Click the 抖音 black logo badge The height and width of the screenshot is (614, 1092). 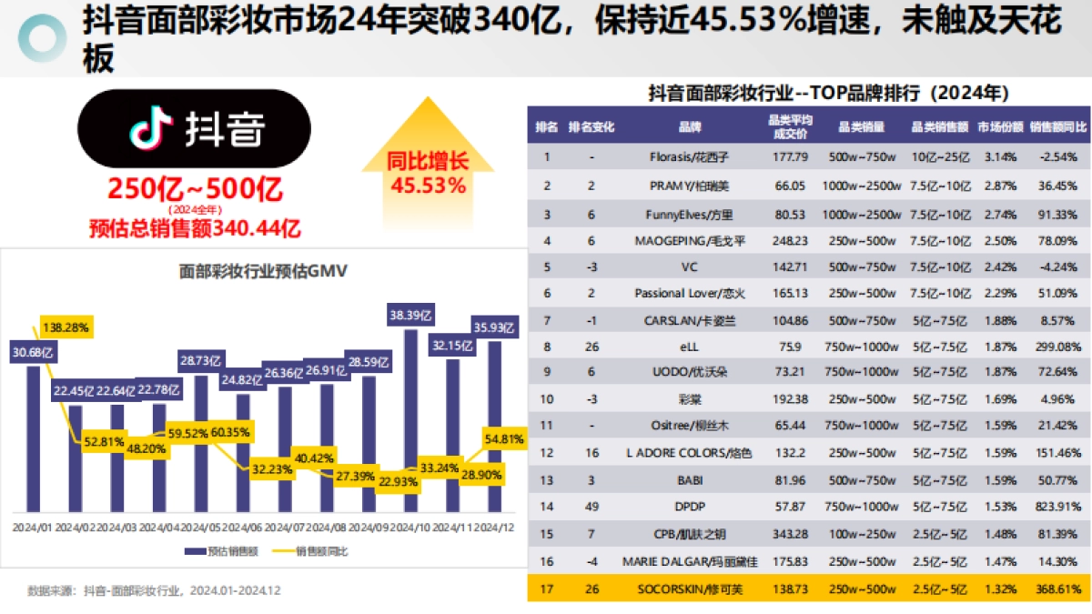194,129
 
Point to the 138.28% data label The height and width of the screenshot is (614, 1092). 65,326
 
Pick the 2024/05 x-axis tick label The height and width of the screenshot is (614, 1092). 201,527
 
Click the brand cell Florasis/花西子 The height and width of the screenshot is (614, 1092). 690,157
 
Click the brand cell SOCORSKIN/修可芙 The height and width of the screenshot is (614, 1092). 690,589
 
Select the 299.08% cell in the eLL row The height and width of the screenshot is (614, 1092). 1060,346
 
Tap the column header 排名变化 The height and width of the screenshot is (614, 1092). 591,127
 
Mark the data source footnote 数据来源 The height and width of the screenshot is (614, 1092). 154,590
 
